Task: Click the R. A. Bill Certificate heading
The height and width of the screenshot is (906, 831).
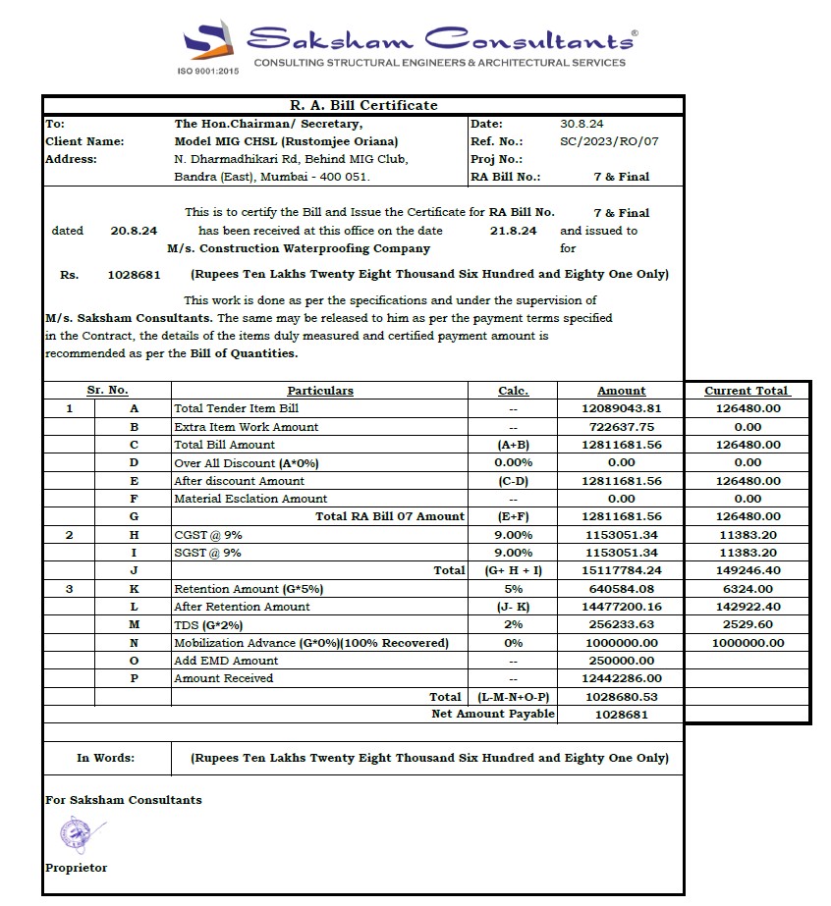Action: [x=363, y=105]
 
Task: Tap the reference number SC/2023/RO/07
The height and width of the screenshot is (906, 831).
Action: [x=609, y=141]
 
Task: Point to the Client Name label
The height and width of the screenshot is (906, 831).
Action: [x=84, y=141]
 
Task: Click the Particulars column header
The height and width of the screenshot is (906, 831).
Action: [x=320, y=391]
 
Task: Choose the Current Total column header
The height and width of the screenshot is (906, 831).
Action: [x=747, y=391]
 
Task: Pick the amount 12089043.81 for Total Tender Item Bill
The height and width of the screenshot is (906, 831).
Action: [x=622, y=408]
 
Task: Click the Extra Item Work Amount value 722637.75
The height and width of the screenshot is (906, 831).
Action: [x=622, y=427]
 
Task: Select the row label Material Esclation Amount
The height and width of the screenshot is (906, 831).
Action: [x=250, y=499]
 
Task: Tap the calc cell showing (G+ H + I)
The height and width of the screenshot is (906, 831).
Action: [x=513, y=570]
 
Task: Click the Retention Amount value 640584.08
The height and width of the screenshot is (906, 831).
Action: [x=622, y=589]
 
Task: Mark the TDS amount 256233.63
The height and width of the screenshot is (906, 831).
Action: [x=622, y=625]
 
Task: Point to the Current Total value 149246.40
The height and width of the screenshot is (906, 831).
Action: [x=748, y=570]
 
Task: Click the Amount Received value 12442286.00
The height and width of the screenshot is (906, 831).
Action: [x=622, y=678]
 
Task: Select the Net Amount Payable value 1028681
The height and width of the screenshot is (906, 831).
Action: [x=622, y=715]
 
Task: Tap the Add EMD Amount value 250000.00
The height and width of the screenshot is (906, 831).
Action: [x=622, y=661]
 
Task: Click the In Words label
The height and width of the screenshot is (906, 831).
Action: [x=106, y=758]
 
